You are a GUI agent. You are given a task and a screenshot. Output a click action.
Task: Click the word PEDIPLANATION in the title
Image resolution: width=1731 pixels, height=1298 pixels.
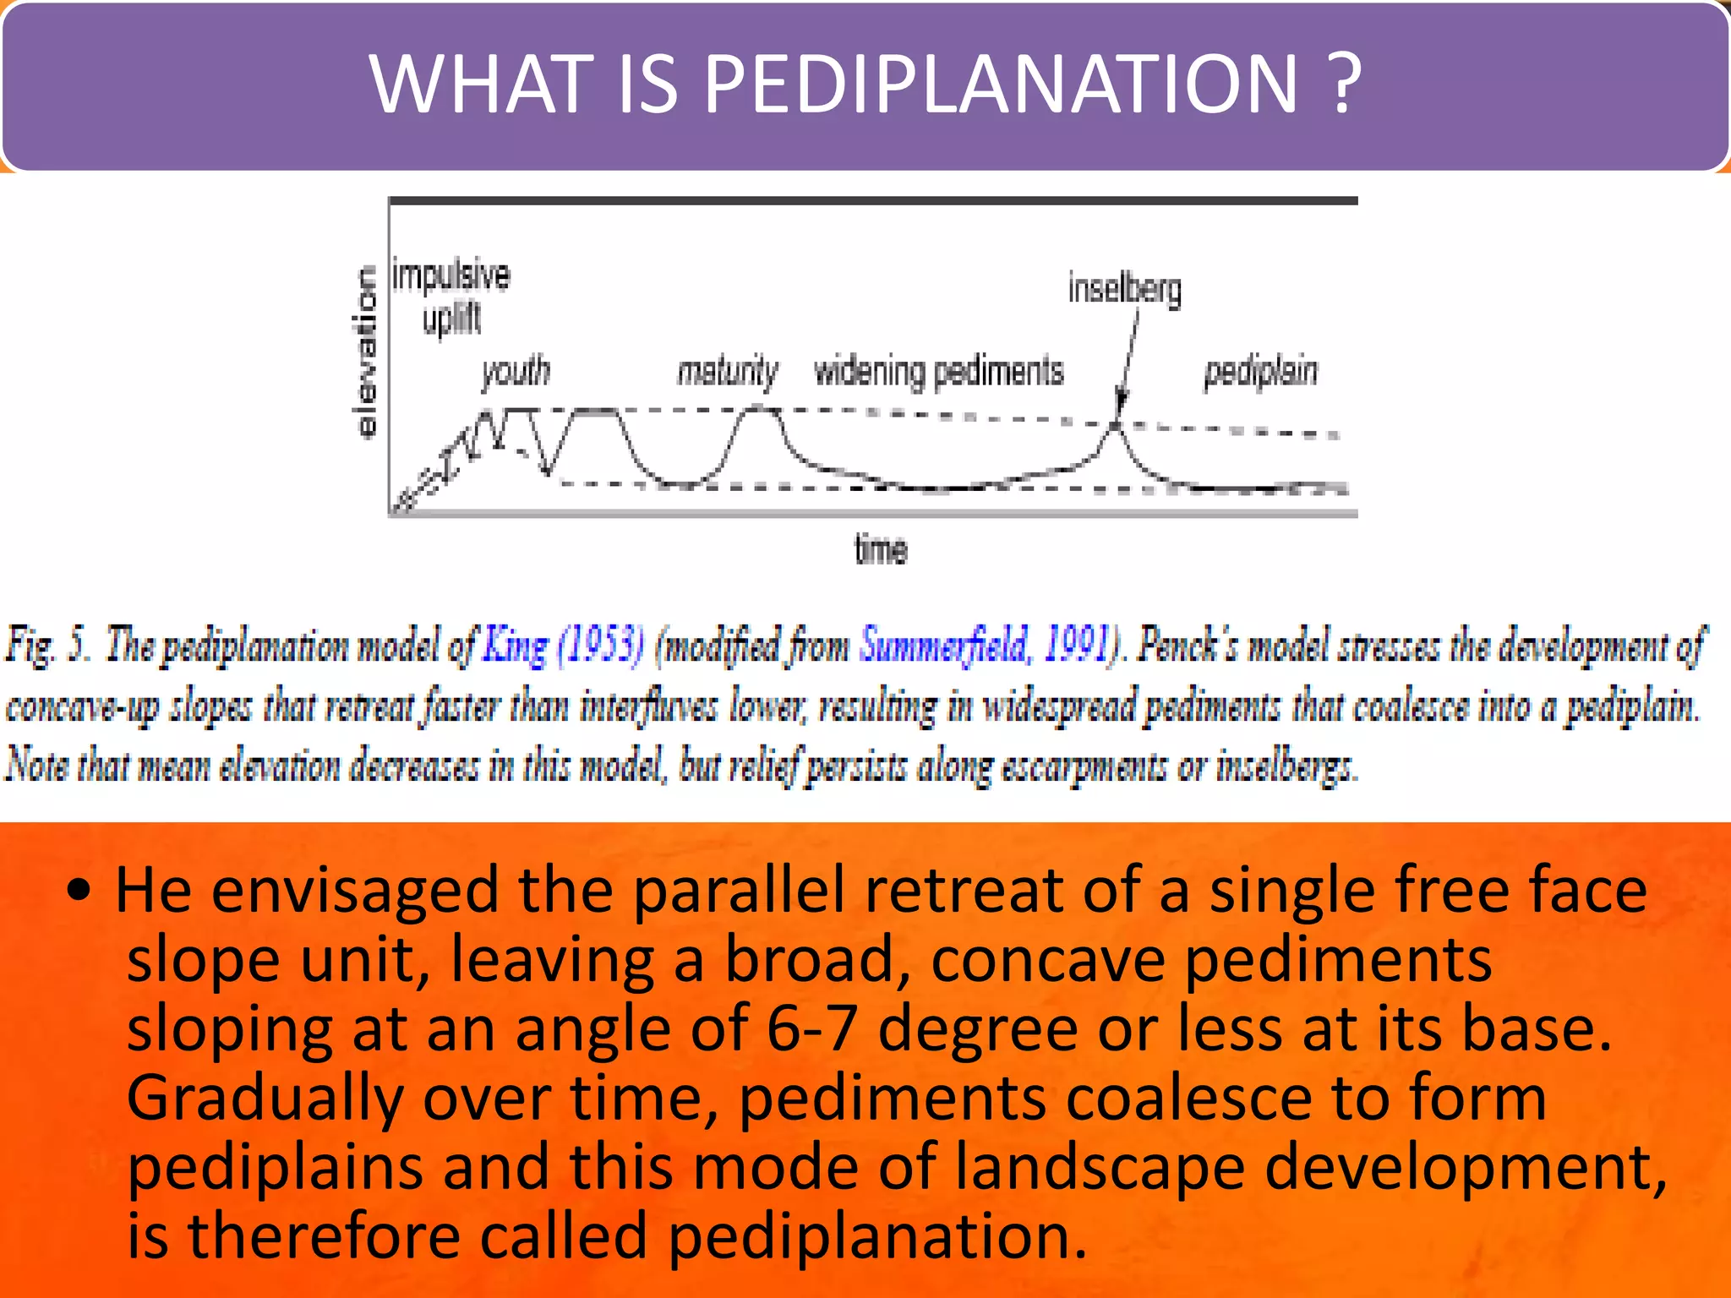(x=1000, y=84)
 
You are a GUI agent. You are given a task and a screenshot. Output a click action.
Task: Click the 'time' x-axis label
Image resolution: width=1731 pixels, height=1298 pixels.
(x=881, y=550)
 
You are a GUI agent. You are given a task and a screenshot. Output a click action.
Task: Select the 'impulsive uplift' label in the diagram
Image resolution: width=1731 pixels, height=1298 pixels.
(x=451, y=297)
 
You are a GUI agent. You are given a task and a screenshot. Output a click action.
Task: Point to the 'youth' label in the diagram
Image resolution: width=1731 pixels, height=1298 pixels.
(x=516, y=371)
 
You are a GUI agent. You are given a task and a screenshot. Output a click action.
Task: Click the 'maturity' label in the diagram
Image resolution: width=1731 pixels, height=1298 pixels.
(x=727, y=371)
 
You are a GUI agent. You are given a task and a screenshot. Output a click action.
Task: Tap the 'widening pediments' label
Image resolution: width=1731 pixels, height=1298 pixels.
(x=938, y=371)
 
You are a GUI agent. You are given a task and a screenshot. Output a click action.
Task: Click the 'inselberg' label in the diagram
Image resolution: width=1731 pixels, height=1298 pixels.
(x=1124, y=289)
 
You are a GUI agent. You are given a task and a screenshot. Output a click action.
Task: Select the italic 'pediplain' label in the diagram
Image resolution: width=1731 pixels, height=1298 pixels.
(x=1260, y=371)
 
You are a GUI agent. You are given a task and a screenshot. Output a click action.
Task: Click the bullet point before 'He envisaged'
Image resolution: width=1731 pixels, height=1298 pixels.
(x=79, y=891)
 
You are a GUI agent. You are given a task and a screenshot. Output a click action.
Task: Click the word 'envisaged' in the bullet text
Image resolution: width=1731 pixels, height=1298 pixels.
(x=354, y=891)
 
